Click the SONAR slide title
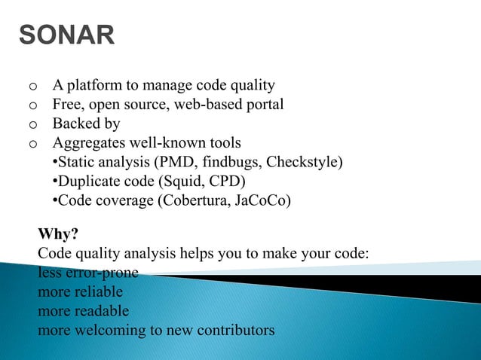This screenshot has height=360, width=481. click(66, 35)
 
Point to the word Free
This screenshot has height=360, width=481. click(66, 104)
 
